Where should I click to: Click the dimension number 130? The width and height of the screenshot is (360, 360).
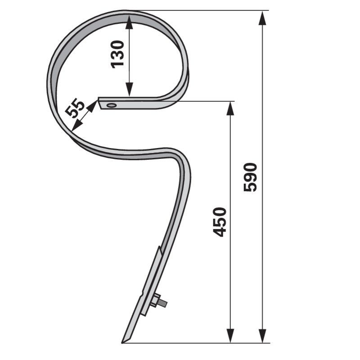point(117,54)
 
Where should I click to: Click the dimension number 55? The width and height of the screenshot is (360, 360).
point(75,108)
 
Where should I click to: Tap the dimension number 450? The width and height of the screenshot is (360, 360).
point(219,222)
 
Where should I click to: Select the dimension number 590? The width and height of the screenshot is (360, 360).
point(250,177)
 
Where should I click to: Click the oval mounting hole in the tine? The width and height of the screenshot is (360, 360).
point(112,105)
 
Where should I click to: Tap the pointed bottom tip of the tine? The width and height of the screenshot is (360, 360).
point(121,343)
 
